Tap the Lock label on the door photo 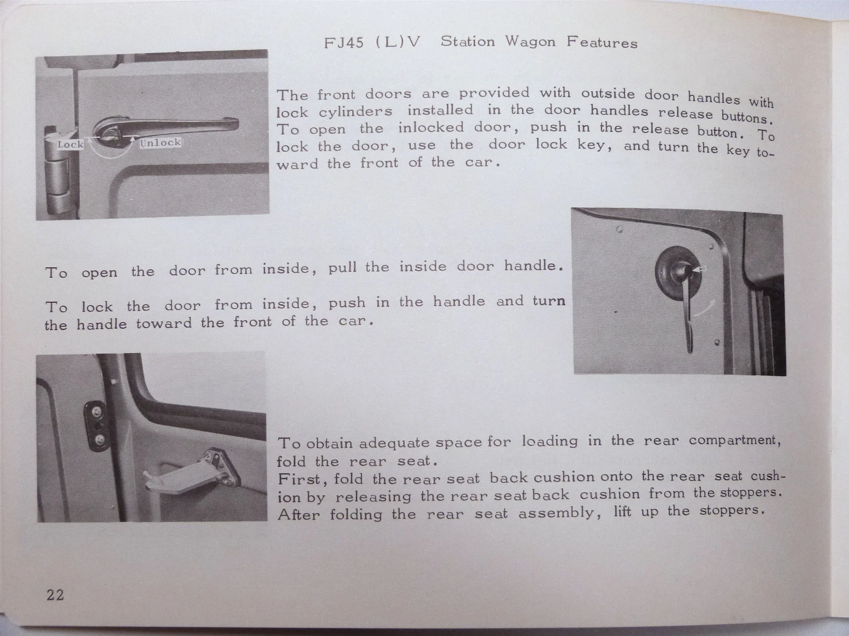pyautogui.click(x=71, y=144)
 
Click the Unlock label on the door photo pyautogui.click(x=160, y=143)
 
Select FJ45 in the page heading pyautogui.click(x=344, y=42)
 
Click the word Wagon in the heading pyautogui.click(x=530, y=42)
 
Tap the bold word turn pyautogui.click(x=549, y=301)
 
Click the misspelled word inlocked pyautogui.click(x=431, y=127)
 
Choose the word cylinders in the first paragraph pyautogui.click(x=356, y=112)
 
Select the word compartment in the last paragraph pyautogui.click(x=734, y=440)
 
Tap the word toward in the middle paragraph pyautogui.click(x=163, y=323)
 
